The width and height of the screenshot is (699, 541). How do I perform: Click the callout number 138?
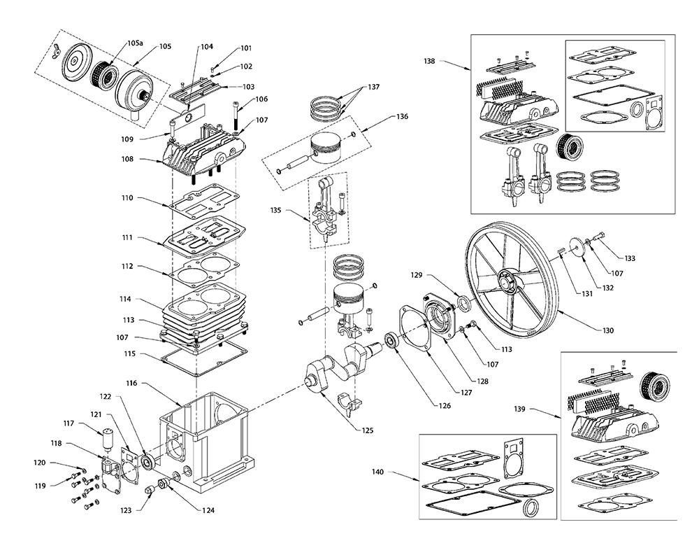[429, 62]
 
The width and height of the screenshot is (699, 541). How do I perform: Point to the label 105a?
[135, 44]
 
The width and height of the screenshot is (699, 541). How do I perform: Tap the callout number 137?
[375, 87]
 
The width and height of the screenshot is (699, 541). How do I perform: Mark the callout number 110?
[126, 199]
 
